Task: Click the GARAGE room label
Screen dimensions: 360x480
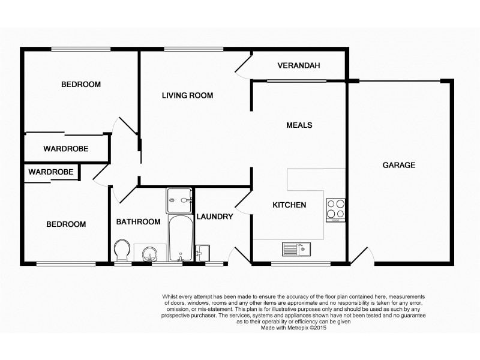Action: coord(399,165)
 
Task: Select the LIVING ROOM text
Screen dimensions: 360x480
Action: coord(188,95)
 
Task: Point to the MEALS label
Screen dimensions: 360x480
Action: coord(299,125)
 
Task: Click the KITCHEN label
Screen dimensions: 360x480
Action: coord(289,205)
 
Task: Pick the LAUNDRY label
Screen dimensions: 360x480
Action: coord(214,217)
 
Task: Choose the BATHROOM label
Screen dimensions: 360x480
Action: coord(138,221)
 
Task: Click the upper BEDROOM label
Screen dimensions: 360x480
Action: coord(81,85)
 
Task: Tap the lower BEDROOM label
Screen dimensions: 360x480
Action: coord(66,224)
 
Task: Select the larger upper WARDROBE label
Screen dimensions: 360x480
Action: coord(66,148)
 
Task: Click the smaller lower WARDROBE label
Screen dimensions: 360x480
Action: coord(51,172)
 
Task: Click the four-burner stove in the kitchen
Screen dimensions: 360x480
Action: coord(335,210)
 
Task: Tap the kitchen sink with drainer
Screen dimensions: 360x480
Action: coord(295,247)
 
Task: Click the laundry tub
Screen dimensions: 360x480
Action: coord(203,253)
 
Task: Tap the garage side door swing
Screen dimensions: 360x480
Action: coord(362,256)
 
